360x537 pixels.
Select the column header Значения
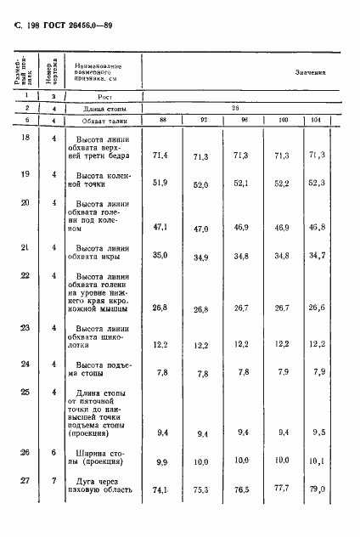point(311,73)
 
